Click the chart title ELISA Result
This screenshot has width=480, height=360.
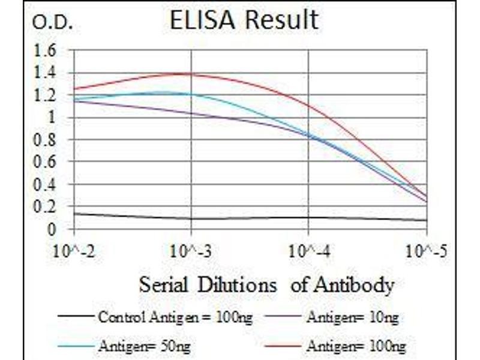(244, 20)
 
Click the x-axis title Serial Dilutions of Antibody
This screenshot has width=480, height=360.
(266, 284)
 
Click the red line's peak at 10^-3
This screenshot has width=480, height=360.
(191, 74)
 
